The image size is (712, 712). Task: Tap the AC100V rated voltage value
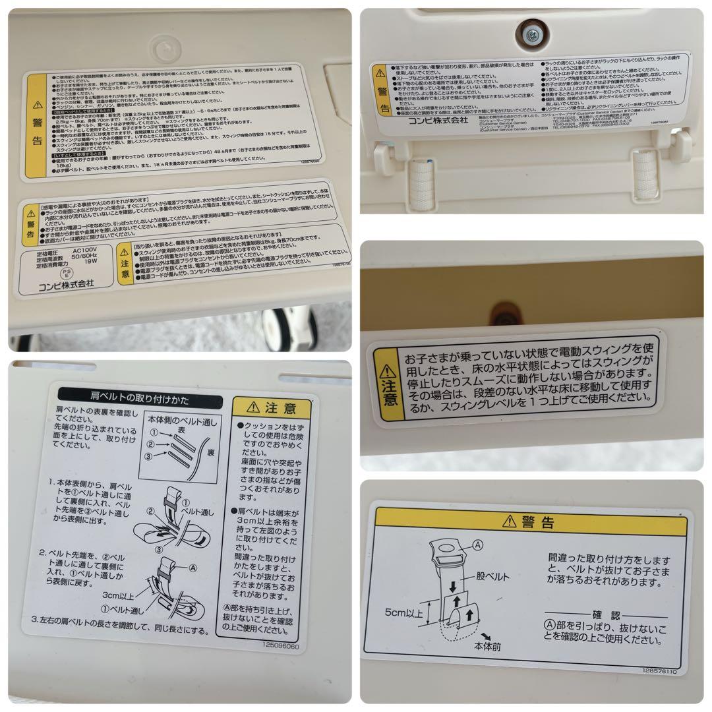(x=86, y=251)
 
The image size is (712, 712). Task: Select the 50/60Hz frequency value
(x=88, y=258)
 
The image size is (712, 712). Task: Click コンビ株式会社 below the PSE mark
(x=67, y=283)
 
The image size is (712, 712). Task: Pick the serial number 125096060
(x=280, y=647)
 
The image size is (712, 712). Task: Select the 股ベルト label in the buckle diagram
(x=493, y=576)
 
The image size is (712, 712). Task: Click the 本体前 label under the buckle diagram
(x=488, y=647)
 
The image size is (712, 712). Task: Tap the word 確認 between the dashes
(x=606, y=615)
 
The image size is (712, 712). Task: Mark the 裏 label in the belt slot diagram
(x=209, y=454)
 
